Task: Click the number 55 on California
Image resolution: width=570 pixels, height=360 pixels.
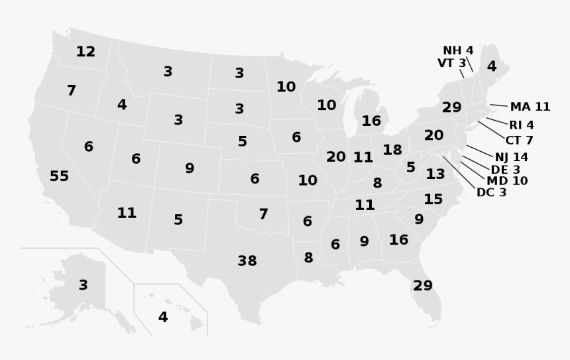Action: pos(59,176)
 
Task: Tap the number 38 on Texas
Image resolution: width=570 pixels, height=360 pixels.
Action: pos(247,261)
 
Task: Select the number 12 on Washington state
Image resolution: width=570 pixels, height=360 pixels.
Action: pos(85,52)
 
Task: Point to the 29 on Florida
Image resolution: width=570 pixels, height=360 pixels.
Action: pos(422,286)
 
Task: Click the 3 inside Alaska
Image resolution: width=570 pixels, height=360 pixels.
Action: pos(83,286)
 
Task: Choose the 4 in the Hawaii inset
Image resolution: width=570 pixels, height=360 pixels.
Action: pos(163,318)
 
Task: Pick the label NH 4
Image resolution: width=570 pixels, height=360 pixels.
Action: pos(458,50)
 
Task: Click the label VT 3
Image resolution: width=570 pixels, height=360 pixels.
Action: pos(451,63)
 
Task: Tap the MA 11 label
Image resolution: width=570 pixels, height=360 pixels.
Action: pos(530,107)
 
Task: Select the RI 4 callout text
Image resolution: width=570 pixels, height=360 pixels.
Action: pos(522,125)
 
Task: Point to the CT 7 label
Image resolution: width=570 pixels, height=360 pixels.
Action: pos(519,141)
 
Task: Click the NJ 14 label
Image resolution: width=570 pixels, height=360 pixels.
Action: pos(511,157)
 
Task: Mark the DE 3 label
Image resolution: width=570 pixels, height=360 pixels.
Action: pos(505,170)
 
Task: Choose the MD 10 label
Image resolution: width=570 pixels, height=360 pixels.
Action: pos(507,181)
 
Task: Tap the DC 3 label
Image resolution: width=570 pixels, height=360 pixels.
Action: pos(491,193)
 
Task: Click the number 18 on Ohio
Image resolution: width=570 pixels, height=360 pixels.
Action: pos(392,150)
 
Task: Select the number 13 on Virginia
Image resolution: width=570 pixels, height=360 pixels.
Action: pos(435,174)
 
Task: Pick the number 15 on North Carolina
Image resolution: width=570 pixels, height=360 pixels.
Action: pos(433,199)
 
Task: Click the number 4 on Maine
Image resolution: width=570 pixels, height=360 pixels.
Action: pos(491,66)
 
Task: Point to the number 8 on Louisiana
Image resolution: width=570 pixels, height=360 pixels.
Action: pos(308,258)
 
